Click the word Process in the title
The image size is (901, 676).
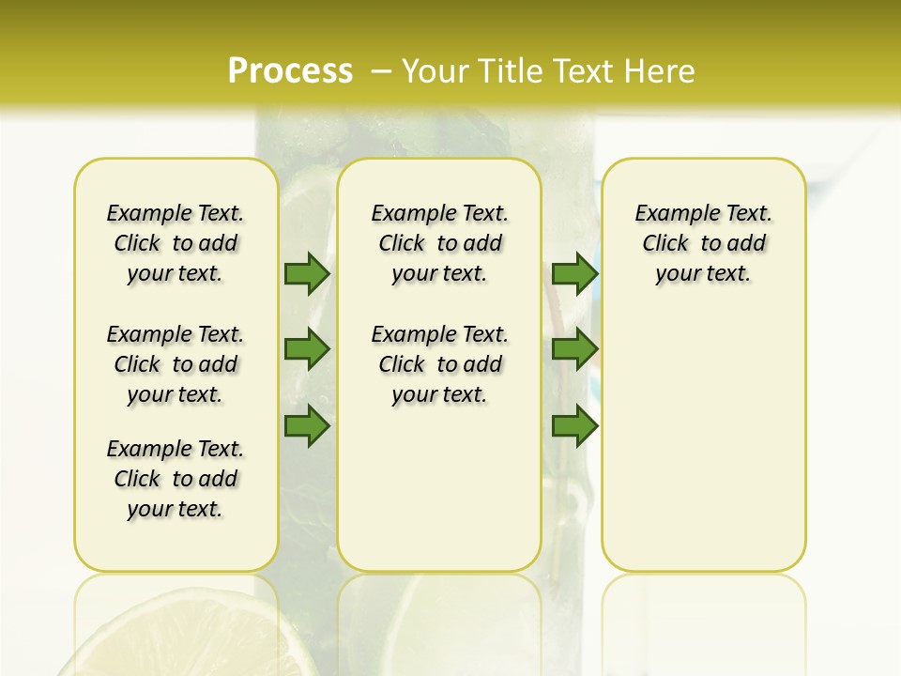(x=290, y=71)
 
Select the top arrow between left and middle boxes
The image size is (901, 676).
(x=307, y=273)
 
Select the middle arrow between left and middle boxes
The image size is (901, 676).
(x=307, y=349)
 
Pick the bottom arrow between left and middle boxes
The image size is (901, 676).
(x=307, y=426)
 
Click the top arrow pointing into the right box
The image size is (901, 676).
(x=574, y=273)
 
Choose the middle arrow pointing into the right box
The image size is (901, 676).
(x=574, y=349)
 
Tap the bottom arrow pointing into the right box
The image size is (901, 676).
(x=574, y=426)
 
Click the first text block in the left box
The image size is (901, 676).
(x=176, y=243)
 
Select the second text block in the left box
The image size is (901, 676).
(x=176, y=364)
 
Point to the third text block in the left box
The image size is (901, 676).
(x=176, y=479)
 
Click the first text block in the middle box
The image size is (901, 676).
(x=439, y=243)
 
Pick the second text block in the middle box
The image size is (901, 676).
(x=439, y=364)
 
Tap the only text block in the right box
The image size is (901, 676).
(x=704, y=243)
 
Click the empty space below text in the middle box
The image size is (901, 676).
(x=439, y=488)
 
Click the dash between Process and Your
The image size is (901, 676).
(x=382, y=71)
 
